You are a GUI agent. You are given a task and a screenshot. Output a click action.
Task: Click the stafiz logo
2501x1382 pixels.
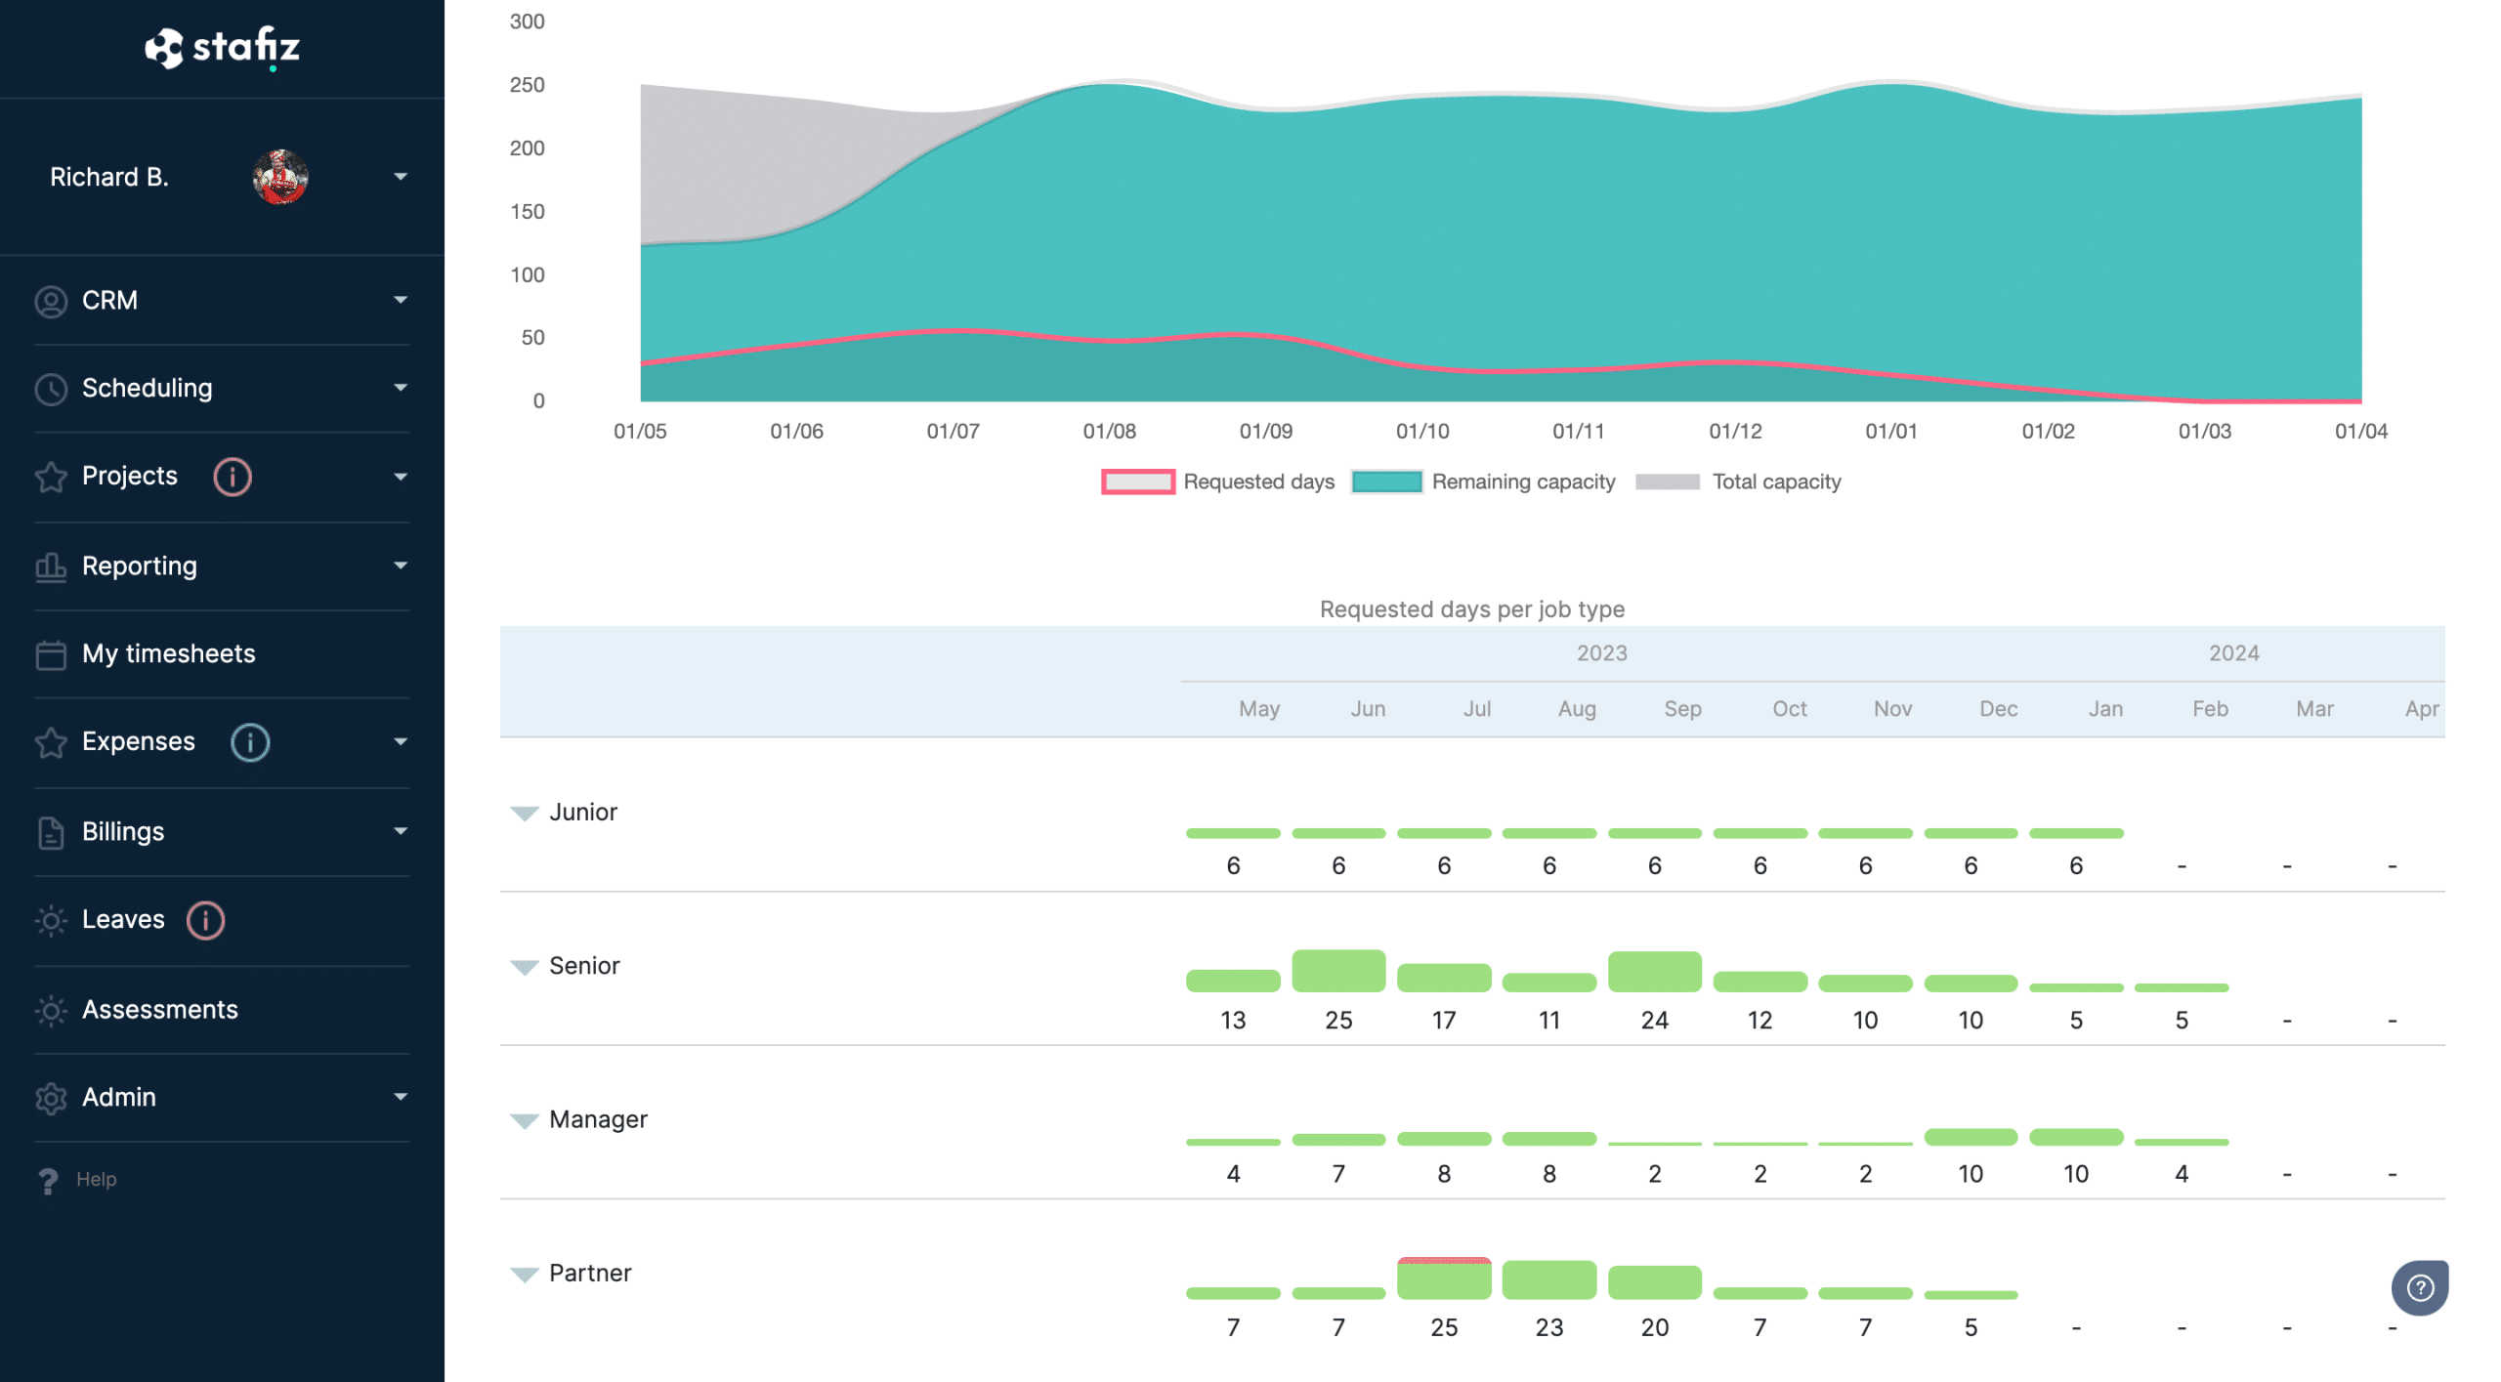point(222,47)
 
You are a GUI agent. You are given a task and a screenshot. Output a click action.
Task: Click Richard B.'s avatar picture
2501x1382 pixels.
point(280,177)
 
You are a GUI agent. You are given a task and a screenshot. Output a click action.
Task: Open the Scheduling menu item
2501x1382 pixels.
point(147,388)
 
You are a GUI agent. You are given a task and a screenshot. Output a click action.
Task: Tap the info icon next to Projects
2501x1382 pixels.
point(233,477)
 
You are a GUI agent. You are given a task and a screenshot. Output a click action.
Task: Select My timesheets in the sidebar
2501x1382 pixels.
point(168,653)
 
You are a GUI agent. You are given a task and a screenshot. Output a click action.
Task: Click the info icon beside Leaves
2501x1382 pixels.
point(205,920)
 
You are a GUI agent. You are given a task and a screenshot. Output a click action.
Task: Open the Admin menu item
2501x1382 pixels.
point(119,1097)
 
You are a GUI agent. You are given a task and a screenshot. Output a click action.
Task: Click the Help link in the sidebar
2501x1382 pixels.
point(95,1179)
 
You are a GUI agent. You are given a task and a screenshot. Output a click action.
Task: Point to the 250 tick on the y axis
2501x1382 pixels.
point(527,85)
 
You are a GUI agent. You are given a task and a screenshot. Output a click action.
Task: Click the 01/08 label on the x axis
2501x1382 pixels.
point(1109,431)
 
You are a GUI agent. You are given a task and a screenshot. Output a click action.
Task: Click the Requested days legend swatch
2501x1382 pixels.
point(1137,482)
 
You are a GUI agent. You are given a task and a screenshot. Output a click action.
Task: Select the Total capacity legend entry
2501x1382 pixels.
point(1775,482)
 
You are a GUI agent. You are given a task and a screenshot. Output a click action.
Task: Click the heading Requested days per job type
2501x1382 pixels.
point(1471,609)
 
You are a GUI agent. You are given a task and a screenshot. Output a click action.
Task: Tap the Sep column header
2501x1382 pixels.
point(1682,709)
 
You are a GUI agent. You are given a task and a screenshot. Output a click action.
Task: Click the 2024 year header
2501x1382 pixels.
point(2233,652)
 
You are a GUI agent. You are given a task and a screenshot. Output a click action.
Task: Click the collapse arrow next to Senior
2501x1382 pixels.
point(525,967)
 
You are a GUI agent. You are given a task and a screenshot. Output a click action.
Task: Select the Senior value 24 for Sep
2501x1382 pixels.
point(1654,1020)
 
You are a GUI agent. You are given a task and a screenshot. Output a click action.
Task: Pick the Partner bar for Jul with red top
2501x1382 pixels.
point(1444,1277)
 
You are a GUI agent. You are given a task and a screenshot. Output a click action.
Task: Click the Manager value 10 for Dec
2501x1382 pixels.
point(1970,1173)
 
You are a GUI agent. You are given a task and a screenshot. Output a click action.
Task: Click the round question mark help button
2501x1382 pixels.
point(2419,1288)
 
